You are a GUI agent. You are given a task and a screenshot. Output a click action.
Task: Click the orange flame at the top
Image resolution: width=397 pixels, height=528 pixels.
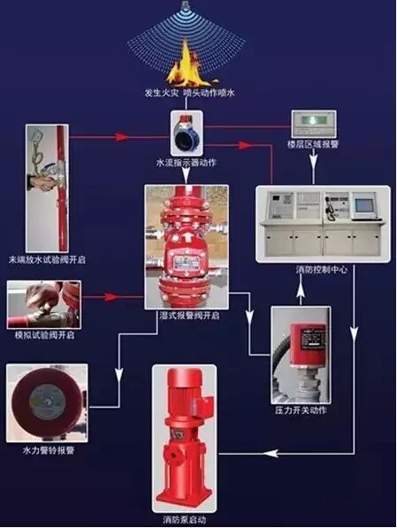pyautogui.click(x=187, y=64)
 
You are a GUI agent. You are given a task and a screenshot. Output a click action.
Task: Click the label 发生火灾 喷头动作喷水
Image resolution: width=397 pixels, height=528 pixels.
pyautogui.click(x=187, y=93)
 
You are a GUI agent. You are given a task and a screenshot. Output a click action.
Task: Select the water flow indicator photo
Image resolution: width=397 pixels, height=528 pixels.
pyautogui.click(x=188, y=133)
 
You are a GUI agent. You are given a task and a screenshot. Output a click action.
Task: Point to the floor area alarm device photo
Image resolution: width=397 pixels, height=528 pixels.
pyautogui.click(x=314, y=124)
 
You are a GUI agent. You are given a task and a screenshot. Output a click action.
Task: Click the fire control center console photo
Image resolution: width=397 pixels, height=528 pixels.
pyautogui.click(x=312, y=223)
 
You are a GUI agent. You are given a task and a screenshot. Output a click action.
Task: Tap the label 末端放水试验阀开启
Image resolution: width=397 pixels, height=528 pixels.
pyautogui.click(x=47, y=260)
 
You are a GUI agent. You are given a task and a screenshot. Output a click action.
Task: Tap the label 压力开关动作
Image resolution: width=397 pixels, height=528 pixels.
pyautogui.click(x=302, y=411)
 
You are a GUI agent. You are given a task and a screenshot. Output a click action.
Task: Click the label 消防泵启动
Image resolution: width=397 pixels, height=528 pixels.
pyautogui.click(x=186, y=520)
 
